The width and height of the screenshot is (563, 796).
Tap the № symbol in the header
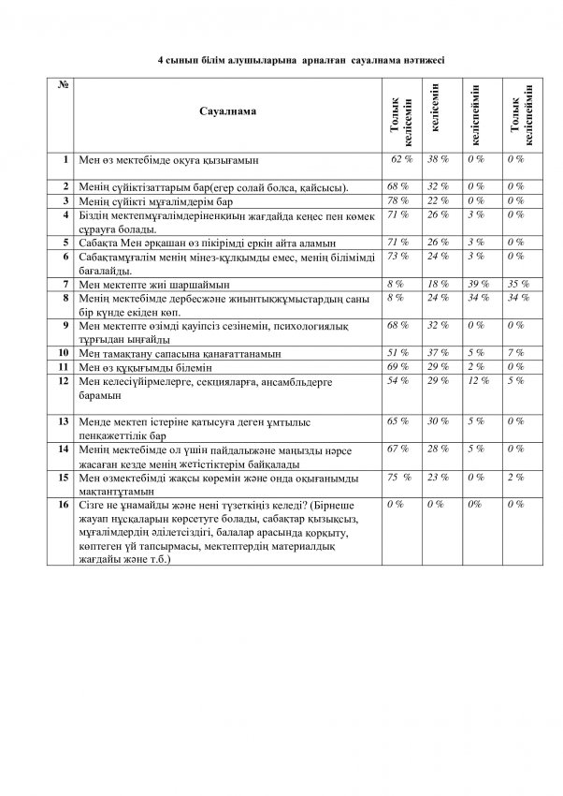[x=66, y=85]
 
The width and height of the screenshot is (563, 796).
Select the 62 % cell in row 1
[x=402, y=160]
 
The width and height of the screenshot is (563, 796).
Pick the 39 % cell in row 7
[x=478, y=281]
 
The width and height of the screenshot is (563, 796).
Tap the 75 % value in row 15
[x=399, y=477]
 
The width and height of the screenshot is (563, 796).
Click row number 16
[x=65, y=505]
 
